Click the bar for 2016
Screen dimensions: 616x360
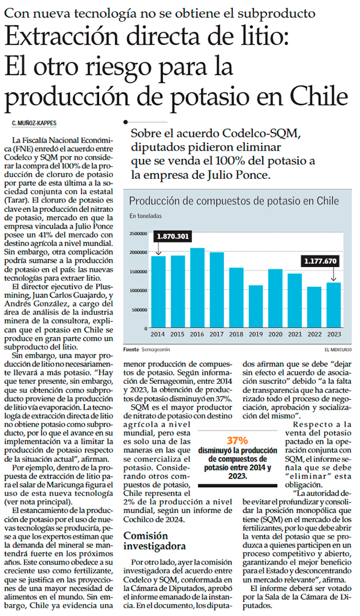(x=197, y=288)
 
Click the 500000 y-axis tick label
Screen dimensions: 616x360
(x=139, y=310)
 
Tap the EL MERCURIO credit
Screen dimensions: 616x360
(x=338, y=349)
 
